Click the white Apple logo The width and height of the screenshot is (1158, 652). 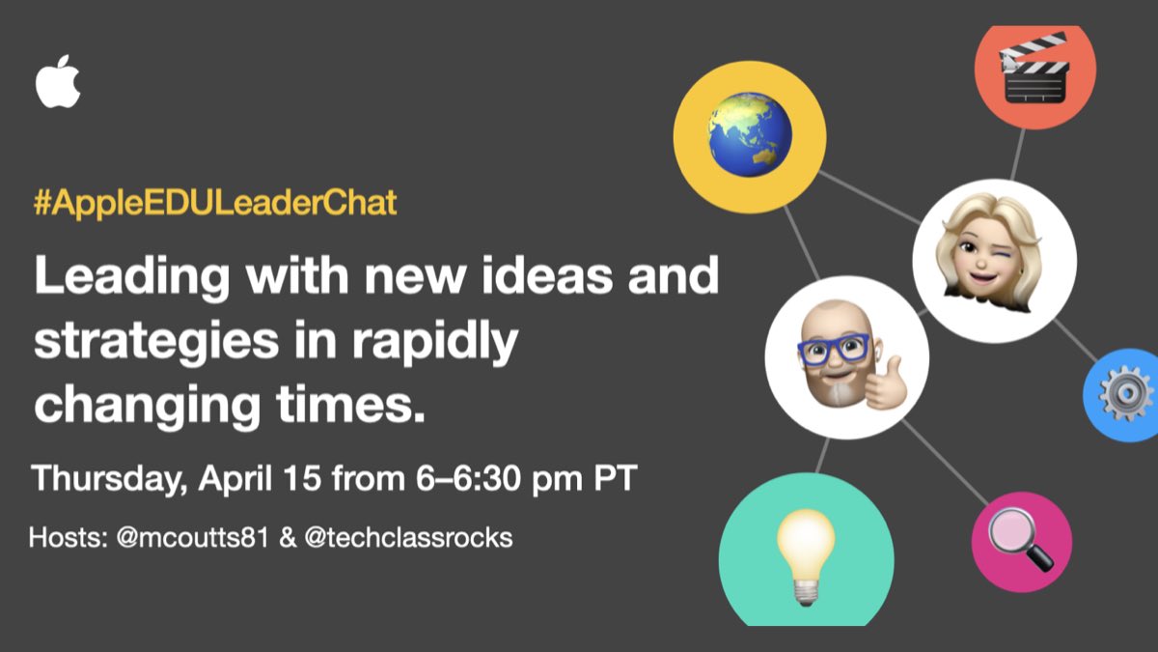[x=58, y=81]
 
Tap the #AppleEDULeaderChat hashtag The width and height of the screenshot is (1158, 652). [x=215, y=204]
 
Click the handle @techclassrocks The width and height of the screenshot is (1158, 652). [x=408, y=538]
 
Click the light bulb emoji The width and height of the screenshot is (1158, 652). [x=805, y=552]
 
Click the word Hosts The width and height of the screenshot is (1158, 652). [x=63, y=538]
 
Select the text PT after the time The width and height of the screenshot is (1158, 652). [x=615, y=479]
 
